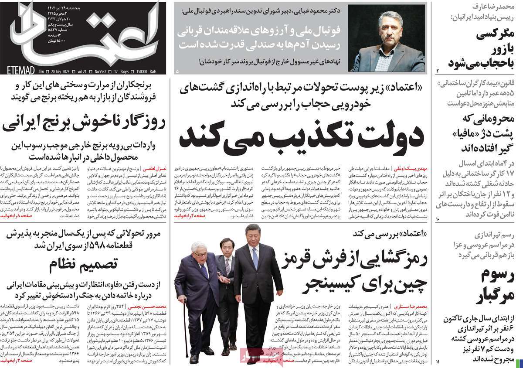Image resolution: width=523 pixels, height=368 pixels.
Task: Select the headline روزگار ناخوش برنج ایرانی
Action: (85, 124)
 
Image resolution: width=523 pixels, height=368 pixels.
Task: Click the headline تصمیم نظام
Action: (84, 264)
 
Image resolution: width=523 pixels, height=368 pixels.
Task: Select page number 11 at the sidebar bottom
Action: (439, 362)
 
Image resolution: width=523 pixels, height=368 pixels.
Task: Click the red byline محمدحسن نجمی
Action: (145, 307)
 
